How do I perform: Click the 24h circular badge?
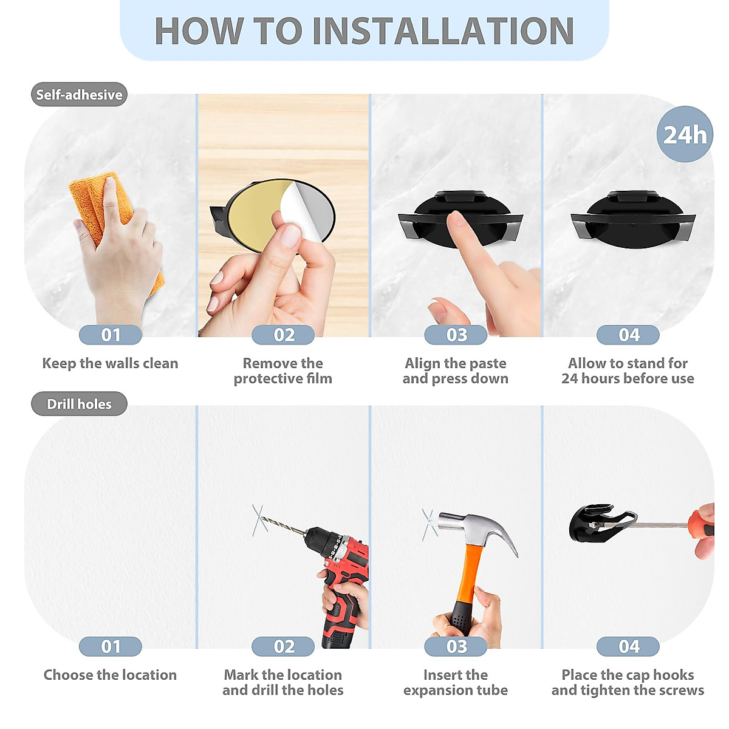point(685,134)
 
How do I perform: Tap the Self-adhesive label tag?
point(79,95)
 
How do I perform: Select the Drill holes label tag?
point(79,404)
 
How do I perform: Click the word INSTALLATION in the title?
point(443,31)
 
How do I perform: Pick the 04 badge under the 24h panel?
point(628,335)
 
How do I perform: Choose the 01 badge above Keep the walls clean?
point(111,335)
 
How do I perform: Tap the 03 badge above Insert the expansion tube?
point(456,646)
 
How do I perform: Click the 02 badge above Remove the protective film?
point(283,335)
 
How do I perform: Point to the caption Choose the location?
point(110,675)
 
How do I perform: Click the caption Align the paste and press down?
point(456,371)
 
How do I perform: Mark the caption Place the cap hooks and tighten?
point(628,682)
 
